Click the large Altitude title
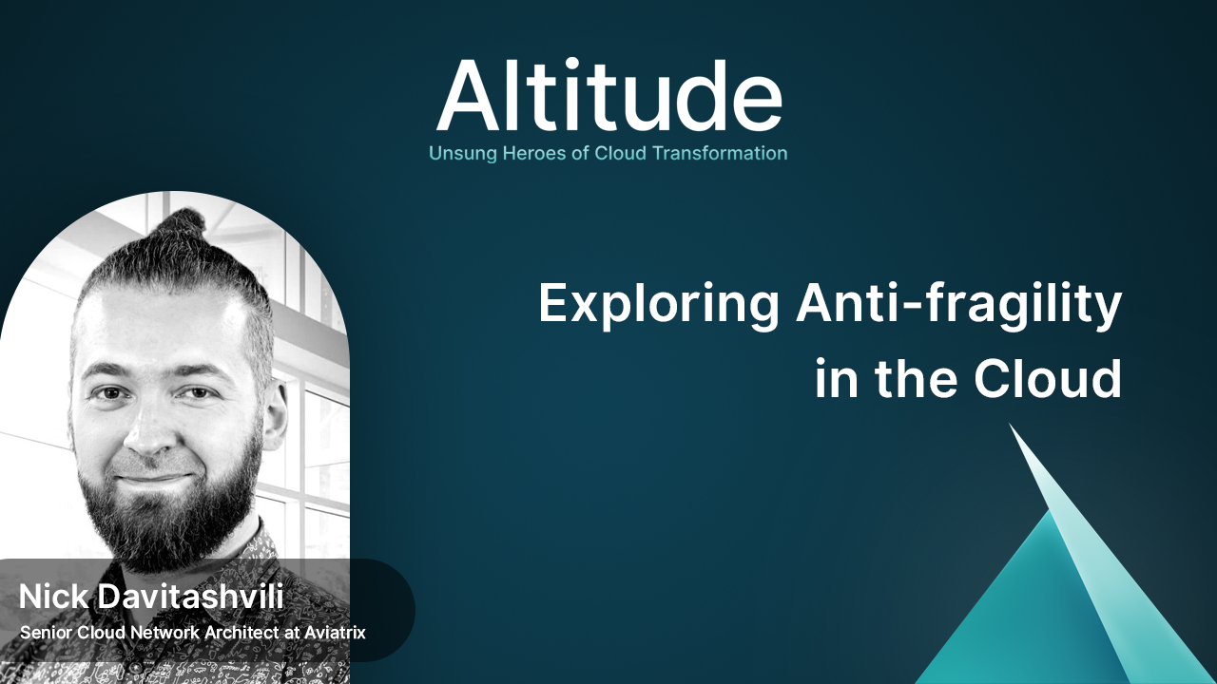coord(609,96)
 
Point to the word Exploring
coord(659,305)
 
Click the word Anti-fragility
coord(959,305)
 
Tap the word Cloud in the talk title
coord(1048,378)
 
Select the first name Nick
coord(53,597)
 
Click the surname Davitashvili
coord(191,597)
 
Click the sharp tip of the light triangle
coord(1010,424)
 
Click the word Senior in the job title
coord(47,633)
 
